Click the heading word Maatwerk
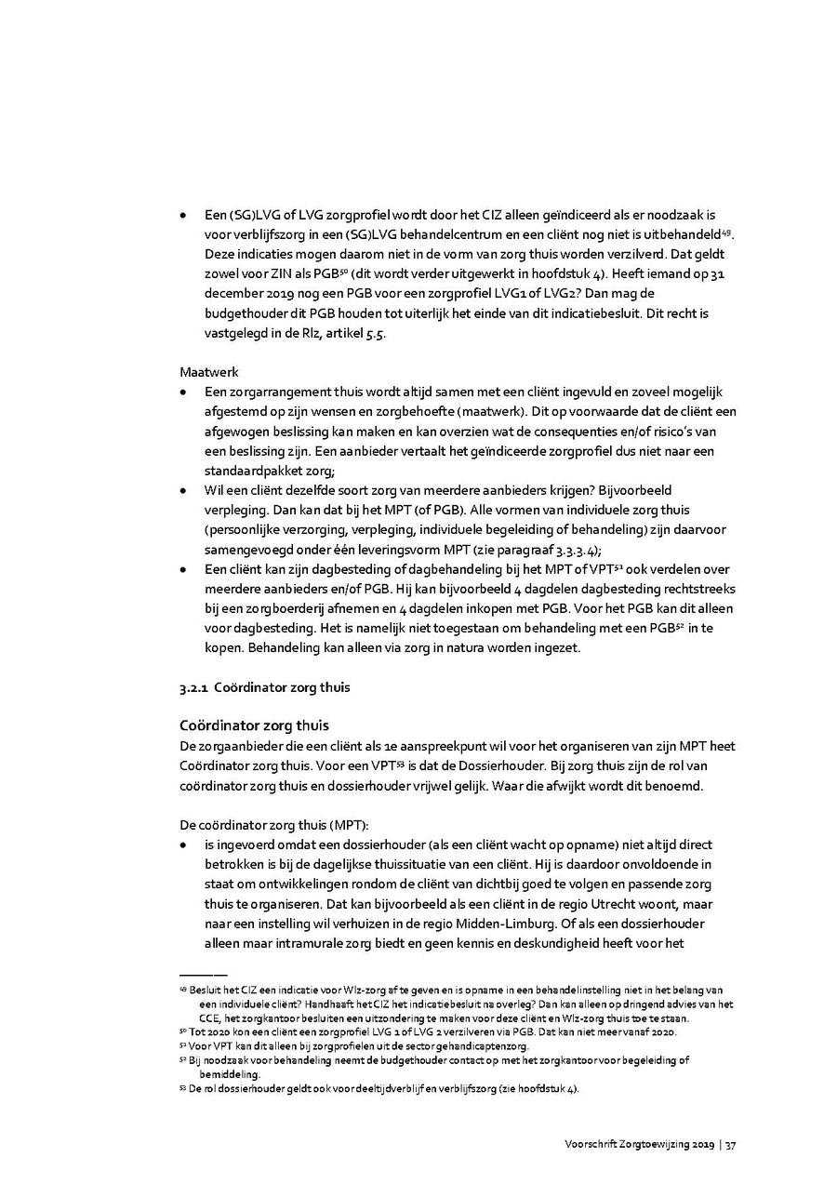pyautogui.click(x=209, y=372)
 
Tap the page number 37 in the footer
pyautogui.click(x=731, y=1145)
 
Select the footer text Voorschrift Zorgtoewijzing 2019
pyautogui.click(x=639, y=1145)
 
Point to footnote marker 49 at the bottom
pyautogui.click(x=183, y=991)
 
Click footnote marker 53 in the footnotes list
pyautogui.click(x=183, y=1089)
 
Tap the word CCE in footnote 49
pyautogui.click(x=210, y=1018)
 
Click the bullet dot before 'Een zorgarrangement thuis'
pyautogui.click(x=185, y=392)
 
